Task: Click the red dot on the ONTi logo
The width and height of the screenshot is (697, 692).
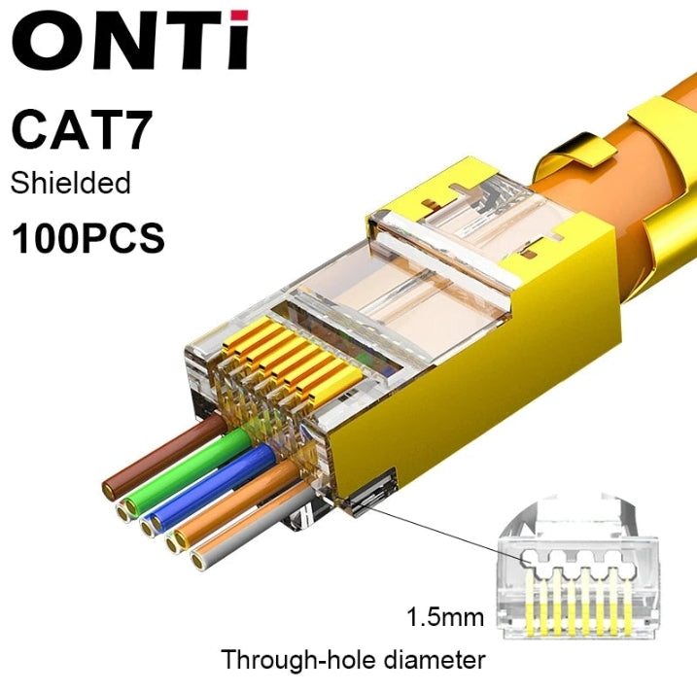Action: [239, 16]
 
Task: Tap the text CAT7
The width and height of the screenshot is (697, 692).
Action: [82, 129]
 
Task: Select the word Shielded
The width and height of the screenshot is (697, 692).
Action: [70, 183]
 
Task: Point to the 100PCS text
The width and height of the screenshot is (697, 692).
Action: [87, 238]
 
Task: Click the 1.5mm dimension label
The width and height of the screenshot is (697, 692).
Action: [445, 617]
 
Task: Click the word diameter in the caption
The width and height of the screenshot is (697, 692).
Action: [435, 660]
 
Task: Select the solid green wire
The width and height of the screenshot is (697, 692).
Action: [189, 472]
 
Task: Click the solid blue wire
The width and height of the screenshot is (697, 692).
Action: [213, 487]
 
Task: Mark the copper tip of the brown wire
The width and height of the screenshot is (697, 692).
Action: [108, 491]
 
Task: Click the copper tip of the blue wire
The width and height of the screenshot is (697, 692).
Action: [157, 523]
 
